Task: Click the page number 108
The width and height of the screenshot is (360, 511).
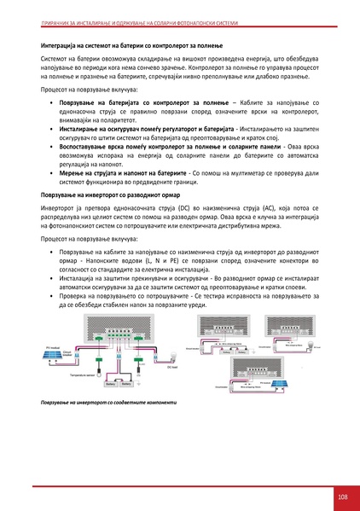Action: pyautogui.click(x=341, y=497)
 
